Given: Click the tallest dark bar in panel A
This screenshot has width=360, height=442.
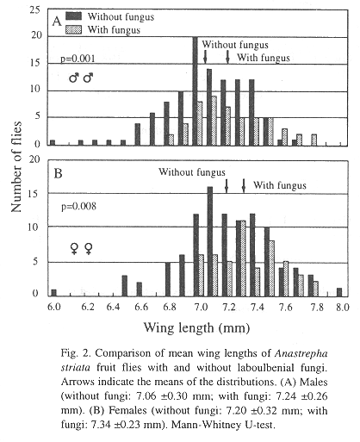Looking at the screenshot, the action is point(195,91).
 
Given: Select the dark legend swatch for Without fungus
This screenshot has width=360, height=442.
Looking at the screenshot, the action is point(73,16).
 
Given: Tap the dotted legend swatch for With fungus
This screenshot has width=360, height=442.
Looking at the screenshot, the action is point(73,29).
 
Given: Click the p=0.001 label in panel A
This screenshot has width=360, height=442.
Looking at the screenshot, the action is point(78,59).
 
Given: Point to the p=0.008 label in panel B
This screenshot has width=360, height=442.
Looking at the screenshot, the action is point(78,206).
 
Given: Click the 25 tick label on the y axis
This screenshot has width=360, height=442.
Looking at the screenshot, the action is point(35,10).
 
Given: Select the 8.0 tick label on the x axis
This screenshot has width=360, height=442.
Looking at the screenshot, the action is point(343,307).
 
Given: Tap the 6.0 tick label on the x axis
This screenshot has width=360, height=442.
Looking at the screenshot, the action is point(53,307).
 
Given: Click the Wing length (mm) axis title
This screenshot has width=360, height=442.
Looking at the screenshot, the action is point(196,327).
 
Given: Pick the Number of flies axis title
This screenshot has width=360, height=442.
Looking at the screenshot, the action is point(16,166).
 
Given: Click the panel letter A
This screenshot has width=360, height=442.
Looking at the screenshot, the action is point(57,21).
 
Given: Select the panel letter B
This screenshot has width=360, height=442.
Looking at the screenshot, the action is point(58,173).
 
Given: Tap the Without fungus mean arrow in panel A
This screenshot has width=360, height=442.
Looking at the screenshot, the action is point(205,57).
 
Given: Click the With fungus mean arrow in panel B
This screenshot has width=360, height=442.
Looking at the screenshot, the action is point(244,185).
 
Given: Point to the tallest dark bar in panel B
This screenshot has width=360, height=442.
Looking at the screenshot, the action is point(210,241).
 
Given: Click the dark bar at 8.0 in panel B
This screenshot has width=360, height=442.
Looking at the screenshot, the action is point(339,292).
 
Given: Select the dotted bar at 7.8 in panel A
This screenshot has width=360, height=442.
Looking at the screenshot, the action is point(314,140).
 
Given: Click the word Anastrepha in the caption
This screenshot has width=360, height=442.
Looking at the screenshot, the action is point(301,354).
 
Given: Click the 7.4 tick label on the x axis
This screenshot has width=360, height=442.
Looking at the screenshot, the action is point(257,307).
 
